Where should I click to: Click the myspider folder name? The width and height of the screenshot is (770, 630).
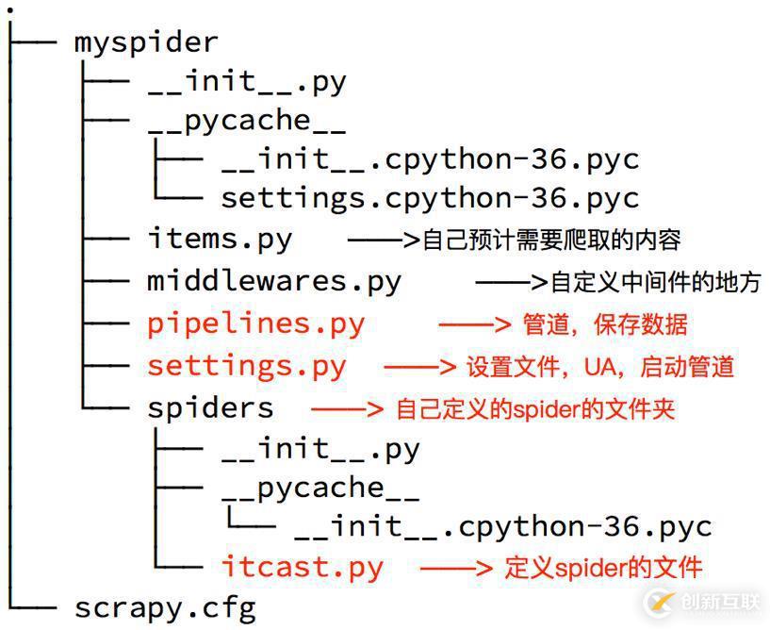tap(146, 42)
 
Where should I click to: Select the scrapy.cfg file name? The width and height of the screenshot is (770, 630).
tap(165, 606)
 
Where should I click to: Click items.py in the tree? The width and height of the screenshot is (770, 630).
tap(220, 239)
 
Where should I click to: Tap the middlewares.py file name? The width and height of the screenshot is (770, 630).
tap(274, 281)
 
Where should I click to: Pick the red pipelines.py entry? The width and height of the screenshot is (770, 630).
tap(255, 323)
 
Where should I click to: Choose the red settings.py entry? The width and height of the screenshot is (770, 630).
tap(247, 366)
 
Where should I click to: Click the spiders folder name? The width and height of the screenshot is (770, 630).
tap(210, 407)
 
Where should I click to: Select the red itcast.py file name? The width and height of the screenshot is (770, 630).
tap(303, 567)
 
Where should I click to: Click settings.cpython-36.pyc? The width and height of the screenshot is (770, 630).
tap(430, 198)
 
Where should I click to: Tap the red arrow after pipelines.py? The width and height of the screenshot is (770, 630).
tap(474, 324)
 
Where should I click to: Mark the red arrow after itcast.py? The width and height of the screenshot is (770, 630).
tap(456, 568)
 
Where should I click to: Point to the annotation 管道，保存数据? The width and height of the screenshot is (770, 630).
tap(605, 324)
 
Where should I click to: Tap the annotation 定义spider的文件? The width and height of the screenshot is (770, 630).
tap(603, 568)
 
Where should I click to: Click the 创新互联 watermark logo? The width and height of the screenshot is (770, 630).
tap(702, 602)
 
